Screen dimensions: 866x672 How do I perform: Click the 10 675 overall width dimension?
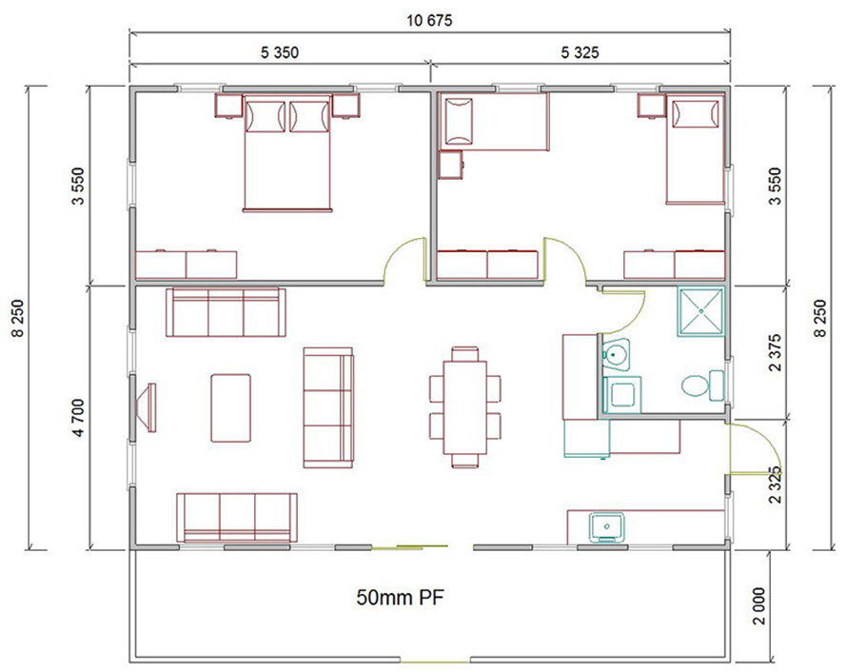coord(430,20)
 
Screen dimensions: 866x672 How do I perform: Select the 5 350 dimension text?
coord(280,52)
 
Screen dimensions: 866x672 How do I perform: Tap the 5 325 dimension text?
coord(580,52)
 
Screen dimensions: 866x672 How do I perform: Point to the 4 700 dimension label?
coord(78,418)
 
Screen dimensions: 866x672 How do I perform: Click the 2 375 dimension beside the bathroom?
coord(776,352)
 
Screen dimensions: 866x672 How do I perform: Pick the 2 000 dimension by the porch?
coord(759,605)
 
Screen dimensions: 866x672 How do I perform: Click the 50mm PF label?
coord(401,598)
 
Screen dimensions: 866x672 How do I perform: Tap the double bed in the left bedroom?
coord(287,152)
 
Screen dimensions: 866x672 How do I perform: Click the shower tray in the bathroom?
coord(700,311)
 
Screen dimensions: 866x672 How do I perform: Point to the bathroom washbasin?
coord(616,354)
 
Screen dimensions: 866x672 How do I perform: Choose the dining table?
coord(465,406)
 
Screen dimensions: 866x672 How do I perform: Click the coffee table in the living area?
coord(231,407)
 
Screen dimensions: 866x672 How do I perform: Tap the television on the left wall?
coord(148,407)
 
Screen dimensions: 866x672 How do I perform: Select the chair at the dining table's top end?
coord(465,354)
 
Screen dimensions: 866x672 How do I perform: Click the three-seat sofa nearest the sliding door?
coord(237,518)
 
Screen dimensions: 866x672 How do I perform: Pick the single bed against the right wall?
coord(696,149)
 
